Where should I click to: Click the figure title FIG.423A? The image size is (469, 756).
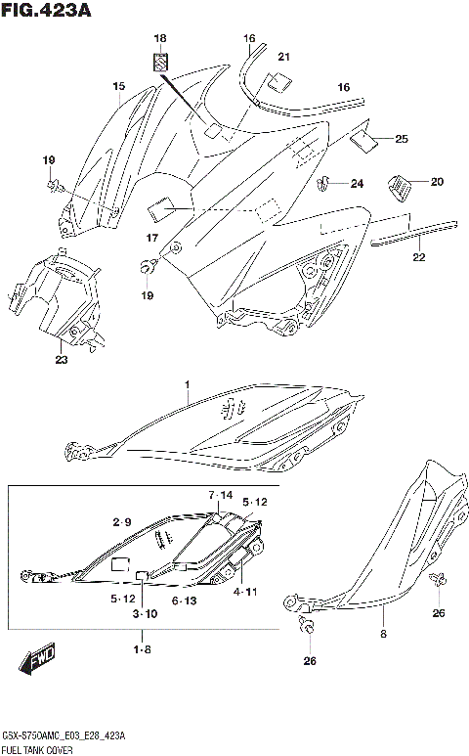tap(47, 11)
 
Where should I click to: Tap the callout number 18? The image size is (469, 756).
tap(160, 38)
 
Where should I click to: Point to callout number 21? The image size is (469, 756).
tap(284, 56)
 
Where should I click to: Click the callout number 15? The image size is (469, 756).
tap(119, 87)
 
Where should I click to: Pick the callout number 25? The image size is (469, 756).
tap(402, 139)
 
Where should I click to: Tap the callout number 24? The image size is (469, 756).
tap(357, 183)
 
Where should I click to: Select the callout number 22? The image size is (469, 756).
tap(419, 258)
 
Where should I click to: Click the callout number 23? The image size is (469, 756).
tap(62, 359)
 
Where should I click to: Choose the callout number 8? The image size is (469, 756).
tap(383, 634)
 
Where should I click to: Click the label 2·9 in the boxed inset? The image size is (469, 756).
tap(121, 522)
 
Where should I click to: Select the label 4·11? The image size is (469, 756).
tap(245, 592)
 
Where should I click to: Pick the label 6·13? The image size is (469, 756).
tap(185, 600)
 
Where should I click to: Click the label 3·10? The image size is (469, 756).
tap(145, 613)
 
